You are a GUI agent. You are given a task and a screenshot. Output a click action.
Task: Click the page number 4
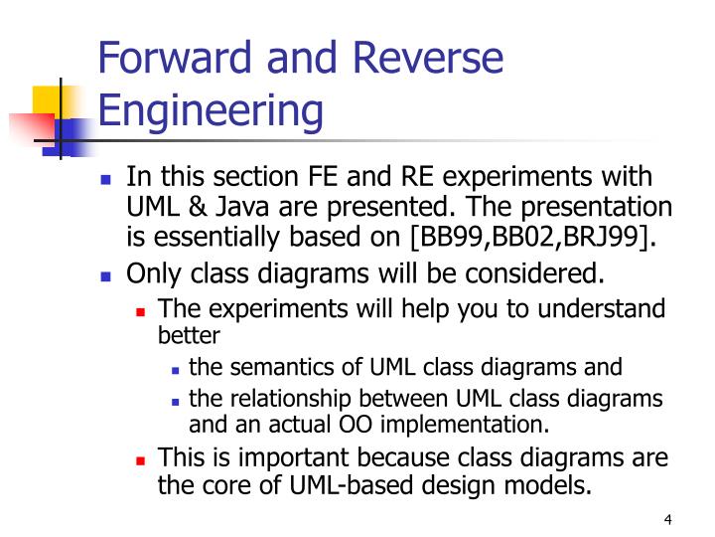(x=667, y=520)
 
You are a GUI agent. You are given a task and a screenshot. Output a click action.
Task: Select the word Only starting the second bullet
(x=151, y=273)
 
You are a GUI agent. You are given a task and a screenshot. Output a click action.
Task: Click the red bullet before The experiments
(x=141, y=310)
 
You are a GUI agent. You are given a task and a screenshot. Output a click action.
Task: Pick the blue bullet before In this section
(x=107, y=180)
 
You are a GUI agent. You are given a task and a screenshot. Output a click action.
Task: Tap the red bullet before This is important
(x=141, y=460)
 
